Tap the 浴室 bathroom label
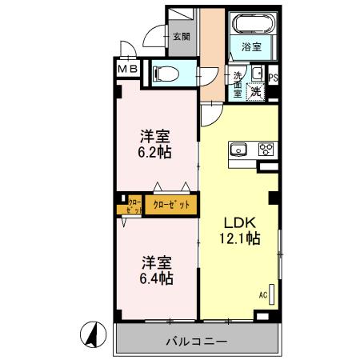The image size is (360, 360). pyautogui.click(x=251, y=47)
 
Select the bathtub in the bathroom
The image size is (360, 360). pyautogui.click(x=251, y=25)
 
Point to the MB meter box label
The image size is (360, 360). pyautogui.click(x=129, y=70)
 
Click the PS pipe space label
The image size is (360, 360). pyautogui.click(x=274, y=78)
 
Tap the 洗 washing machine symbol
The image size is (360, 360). pyautogui.click(x=255, y=90)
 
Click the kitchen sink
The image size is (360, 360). pyautogui.click(x=238, y=149)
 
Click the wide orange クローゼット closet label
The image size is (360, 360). pyautogui.click(x=170, y=205)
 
